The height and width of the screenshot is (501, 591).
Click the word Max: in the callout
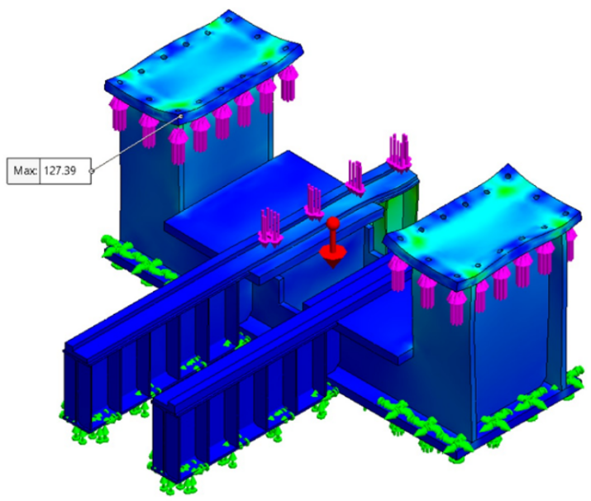26,171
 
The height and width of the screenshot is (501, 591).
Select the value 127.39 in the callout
60,171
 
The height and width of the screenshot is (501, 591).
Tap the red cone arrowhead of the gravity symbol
333,256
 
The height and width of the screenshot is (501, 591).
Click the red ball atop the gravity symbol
333,222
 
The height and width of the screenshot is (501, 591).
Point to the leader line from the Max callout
136,144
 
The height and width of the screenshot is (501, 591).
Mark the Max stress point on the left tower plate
181,116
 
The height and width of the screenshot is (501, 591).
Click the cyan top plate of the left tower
203,64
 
